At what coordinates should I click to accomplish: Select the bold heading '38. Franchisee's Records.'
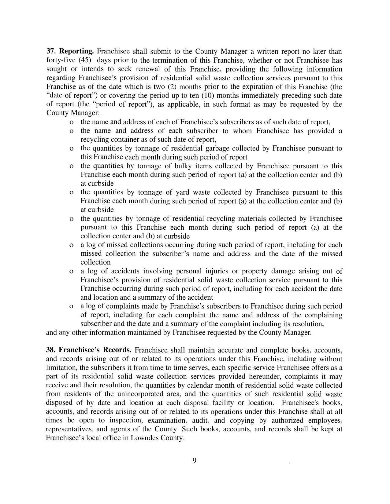(89, 350)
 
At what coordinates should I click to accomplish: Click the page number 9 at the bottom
(195, 461)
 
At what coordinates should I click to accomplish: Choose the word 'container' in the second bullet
(117, 140)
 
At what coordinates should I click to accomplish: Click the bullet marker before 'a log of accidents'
(72, 272)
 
